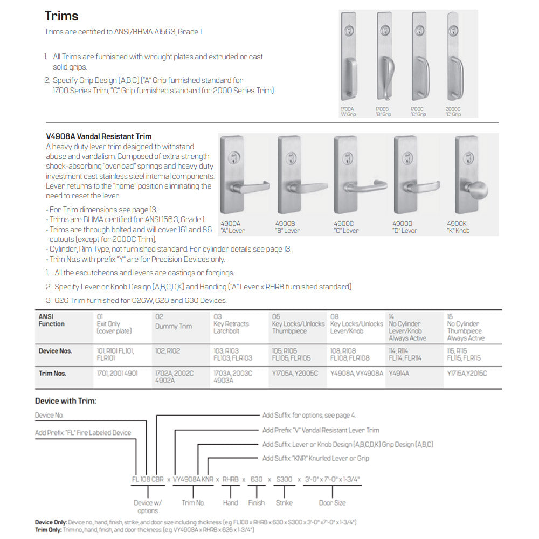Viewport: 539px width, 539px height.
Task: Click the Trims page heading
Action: coord(61,16)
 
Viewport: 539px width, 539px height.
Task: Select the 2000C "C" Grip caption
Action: coord(453,112)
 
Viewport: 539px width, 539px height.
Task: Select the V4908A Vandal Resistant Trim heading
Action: coord(99,136)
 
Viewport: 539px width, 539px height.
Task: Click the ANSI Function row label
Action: coord(51,320)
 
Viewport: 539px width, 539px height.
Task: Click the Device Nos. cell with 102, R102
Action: coord(168,351)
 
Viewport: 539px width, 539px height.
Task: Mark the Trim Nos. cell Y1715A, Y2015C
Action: coord(467,373)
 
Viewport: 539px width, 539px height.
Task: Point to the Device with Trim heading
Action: coord(66,401)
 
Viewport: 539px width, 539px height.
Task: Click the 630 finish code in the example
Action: coord(257,479)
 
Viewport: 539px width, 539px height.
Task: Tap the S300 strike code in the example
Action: coord(284,479)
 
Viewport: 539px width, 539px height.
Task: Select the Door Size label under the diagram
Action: coord(333,503)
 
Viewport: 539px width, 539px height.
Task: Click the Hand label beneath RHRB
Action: coord(230,503)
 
